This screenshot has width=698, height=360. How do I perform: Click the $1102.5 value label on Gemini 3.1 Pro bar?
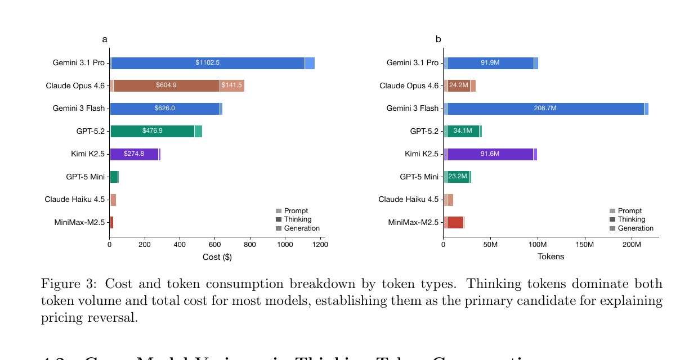[207, 63]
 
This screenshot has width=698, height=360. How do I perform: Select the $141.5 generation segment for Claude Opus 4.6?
[231, 85]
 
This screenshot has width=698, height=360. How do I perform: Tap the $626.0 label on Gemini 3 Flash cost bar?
[164, 109]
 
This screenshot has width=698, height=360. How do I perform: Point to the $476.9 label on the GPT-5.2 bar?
[152, 131]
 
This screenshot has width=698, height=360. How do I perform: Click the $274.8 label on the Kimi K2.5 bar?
[134, 154]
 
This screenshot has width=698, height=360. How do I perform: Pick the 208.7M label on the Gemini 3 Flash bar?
[545, 109]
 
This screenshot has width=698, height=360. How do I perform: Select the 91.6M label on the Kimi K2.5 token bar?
[490, 154]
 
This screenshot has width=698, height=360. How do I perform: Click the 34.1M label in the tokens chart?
[463, 131]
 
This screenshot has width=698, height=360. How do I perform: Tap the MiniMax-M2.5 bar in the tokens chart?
[455, 222]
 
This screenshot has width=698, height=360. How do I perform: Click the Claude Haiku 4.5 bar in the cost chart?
[113, 200]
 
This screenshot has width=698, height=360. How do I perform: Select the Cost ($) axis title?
[217, 257]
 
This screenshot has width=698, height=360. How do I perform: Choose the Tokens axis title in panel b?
[551, 257]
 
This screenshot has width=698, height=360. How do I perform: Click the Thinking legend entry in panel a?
[297, 219]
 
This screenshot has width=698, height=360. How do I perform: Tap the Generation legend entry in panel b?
[635, 228]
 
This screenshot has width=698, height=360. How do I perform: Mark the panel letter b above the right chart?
[438, 39]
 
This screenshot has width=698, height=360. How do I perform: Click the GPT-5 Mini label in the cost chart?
[85, 177]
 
